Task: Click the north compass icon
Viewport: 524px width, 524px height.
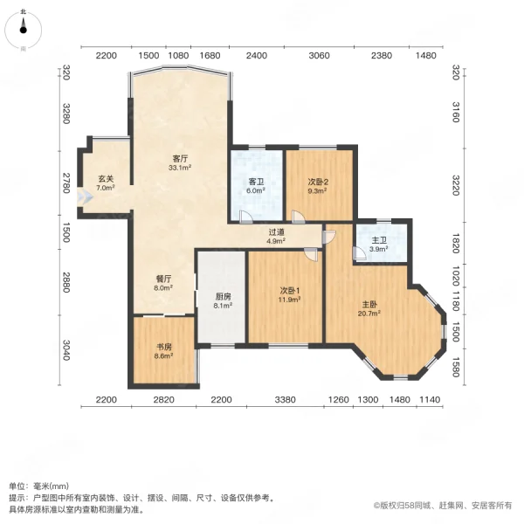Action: pos(24,28)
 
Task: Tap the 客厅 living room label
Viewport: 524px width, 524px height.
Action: pos(181,159)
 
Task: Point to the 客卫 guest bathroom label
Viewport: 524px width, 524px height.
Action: pos(257,183)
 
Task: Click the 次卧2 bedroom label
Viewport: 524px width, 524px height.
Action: pos(318,183)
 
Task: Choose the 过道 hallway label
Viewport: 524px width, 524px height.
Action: pos(276,232)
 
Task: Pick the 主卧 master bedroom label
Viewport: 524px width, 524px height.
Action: pos(369,305)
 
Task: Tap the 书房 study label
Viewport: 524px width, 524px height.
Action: pos(163,348)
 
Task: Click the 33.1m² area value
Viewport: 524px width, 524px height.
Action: pos(181,168)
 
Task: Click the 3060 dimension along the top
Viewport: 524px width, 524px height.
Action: pos(319,55)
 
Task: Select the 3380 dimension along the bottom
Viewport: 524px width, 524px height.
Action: pos(284,399)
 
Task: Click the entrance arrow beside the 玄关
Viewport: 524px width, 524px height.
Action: pos(81,199)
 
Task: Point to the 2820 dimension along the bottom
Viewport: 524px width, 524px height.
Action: pos(163,399)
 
